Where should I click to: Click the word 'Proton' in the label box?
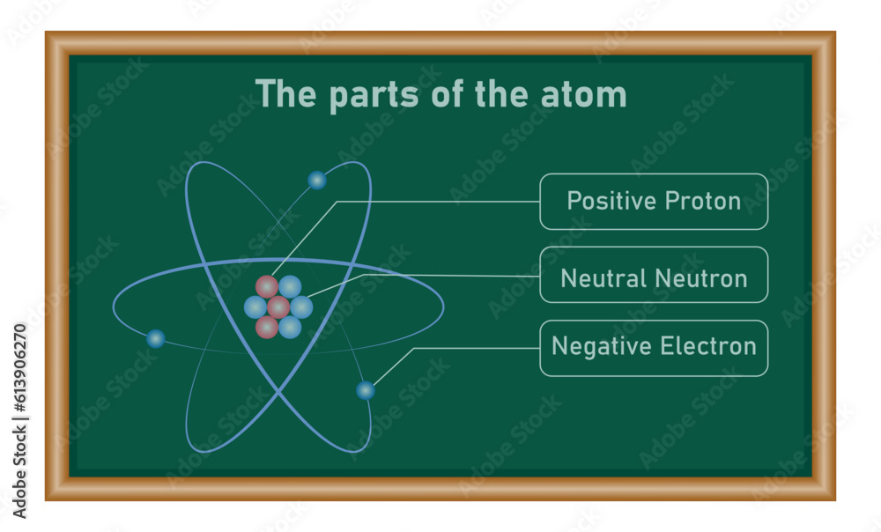tap(702, 201)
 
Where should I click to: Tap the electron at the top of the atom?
tap(317, 181)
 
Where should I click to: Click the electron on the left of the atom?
tap(156, 338)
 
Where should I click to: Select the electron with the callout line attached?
tap(366, 390)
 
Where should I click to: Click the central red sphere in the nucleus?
tap(278, 307)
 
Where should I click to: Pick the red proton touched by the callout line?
tap(267, 286)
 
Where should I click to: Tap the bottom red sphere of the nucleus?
tap(267, 327)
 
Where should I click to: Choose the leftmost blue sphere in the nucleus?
tap(255, 307)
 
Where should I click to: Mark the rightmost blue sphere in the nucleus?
tap(301, 307)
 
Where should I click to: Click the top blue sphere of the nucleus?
tap(290, 286)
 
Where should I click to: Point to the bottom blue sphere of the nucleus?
tap(290, 327)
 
